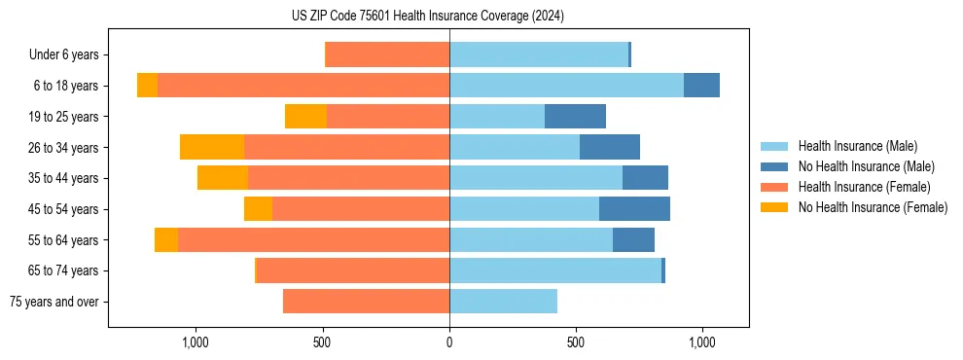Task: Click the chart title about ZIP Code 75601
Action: pyautogui.click(x=427, y=17)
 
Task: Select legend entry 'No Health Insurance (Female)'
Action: pyautogui.click(x=873, y=207)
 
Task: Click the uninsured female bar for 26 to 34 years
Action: pyautogui.click(x=212, y=147)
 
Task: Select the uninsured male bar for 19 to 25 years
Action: pyautogui.click(x=575, y=117)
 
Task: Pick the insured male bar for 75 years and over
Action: pyautogui.click(x=503, y=302)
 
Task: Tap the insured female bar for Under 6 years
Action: pyautogui.click(x=387, y=54)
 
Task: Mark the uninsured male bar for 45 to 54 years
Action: pyautogui.click(x=634, y=209)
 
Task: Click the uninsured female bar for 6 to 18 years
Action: pyautogui.click(x=147, y=86)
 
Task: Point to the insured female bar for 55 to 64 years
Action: pyautogui.click(x=313, y=240)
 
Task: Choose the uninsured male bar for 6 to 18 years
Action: pyautogui.click(x=701, y=86)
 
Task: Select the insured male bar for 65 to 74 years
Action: pyautogui.click(x=554, y=270)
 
